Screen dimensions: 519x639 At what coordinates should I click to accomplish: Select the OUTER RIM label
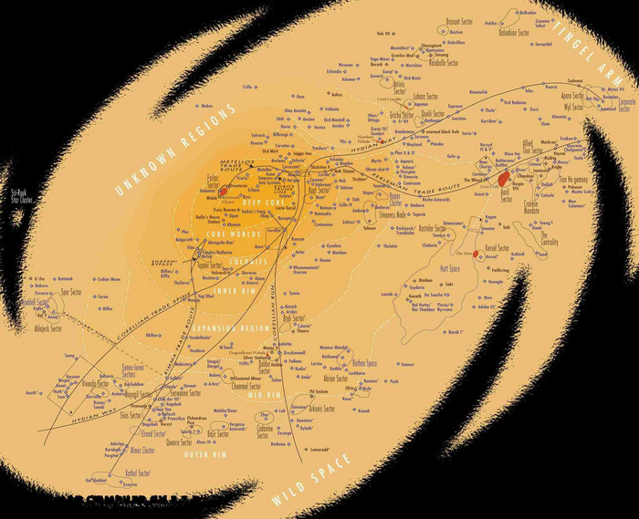tap(206, 454)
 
